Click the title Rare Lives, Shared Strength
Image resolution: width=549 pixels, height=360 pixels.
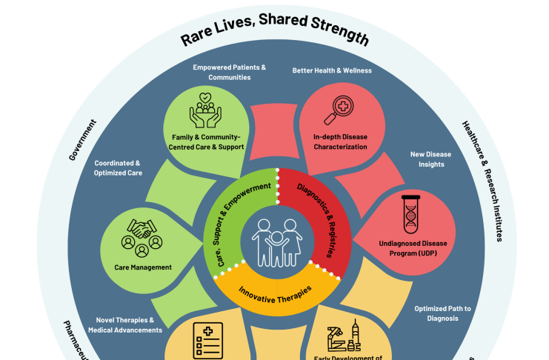[x=274, y=29]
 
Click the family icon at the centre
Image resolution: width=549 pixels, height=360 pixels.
[x=275, y=241]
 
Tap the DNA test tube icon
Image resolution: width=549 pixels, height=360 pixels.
[x=409, y=215]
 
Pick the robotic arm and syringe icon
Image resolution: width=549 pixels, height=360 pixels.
[x=342, y=337]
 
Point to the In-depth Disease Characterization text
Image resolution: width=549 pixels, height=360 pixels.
[x=339, y=141]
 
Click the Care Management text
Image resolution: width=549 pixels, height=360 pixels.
[x=142, y=267]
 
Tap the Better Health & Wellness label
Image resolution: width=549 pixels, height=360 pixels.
[x=332, y=70]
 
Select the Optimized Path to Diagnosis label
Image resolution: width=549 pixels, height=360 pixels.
[x=442, y=313]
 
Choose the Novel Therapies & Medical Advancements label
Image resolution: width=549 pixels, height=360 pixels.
[x=124, y=324]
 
